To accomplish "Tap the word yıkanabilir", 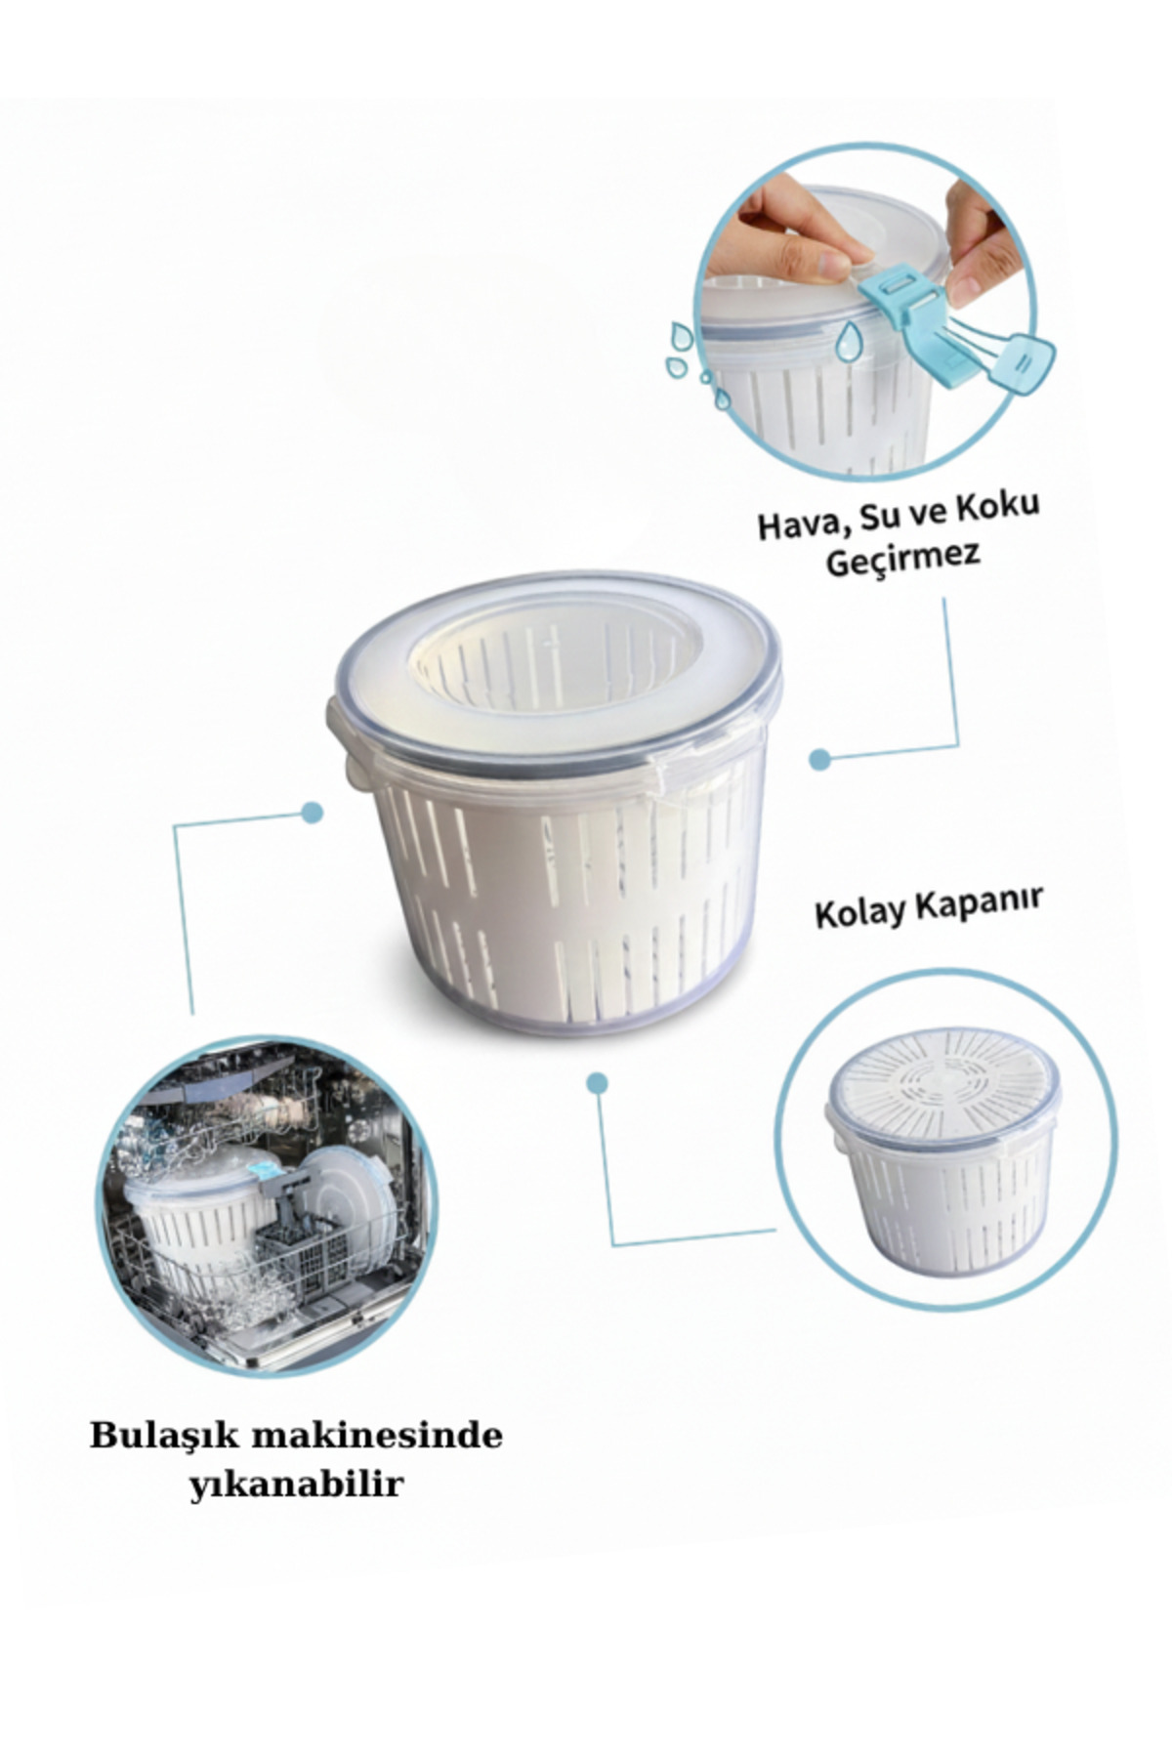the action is pyautogui.click(x=295, y=1486).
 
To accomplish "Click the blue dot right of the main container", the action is pyautogui.click(x=820, y=758).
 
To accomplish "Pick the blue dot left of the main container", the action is pyautogui.click(x=312, y=813).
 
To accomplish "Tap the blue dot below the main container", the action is pyautogui.click(x=598, y=1081).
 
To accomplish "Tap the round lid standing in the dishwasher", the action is pyautogui.click(x=352, y=1206).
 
